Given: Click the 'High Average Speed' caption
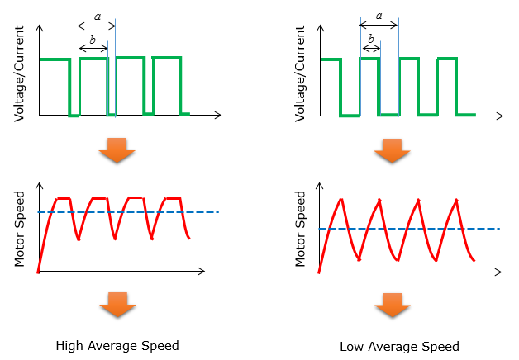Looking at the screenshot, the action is (117, 346).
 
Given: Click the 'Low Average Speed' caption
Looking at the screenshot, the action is (399, 347).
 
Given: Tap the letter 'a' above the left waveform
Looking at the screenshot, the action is (98, 17).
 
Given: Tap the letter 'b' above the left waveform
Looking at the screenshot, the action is (93, 40).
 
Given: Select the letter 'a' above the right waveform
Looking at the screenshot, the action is (379, 16).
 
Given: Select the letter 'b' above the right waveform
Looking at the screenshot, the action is (371, 39).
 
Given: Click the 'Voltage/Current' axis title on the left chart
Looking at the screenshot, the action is (19, 73).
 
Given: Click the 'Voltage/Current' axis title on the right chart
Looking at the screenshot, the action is (300, 73).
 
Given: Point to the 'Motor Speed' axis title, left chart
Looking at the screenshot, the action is (19, 229).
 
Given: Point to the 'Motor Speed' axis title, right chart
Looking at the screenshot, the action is (300, 229).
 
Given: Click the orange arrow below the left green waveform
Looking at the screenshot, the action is (117, 150).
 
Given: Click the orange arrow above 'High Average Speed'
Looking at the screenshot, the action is (117, 305).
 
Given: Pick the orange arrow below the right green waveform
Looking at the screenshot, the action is (393, 151).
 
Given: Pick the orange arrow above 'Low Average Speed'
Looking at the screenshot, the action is (393, 306).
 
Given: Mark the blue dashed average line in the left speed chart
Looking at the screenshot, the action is (128, 211).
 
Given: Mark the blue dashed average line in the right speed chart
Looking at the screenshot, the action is (409, 229).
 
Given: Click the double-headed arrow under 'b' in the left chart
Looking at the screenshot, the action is (93, 49).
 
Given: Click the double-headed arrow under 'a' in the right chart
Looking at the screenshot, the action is (379, 25).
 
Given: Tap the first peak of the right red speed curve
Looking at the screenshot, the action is (341, 199).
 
